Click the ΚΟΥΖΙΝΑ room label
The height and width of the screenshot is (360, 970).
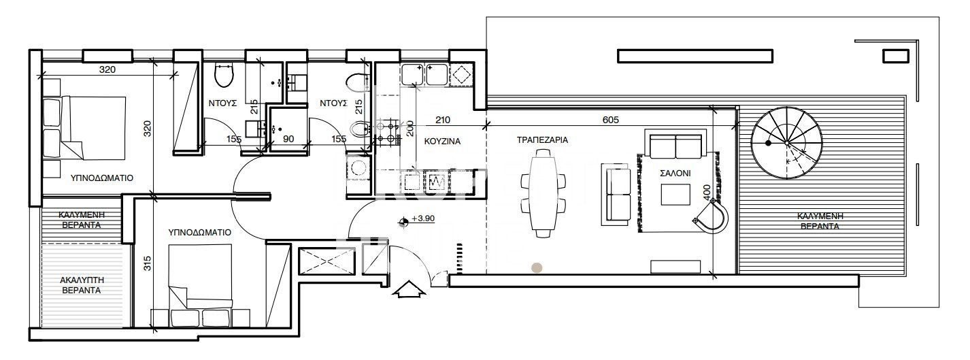pyautogui.click(x=442, y=142)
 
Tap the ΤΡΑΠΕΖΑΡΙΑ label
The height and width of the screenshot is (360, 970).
pyautogui.click(x=542, y=140)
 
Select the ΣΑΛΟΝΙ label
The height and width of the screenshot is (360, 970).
pyautogui.click(x=675, y=174)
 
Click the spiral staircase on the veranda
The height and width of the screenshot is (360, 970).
pyautogui.click(x=786, y=142)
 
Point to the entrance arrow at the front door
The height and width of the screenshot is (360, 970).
pyautogui.click(x=409, y=289)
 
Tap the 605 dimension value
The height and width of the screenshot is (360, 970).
pyautogui.click(x=611, y=120)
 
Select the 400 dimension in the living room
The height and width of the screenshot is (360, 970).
pyautogui.click(x=707, y=192)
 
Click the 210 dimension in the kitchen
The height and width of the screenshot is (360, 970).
pyautogui.click(x=443, y=120)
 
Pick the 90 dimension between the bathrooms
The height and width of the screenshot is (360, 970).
pyautogui.click(x=288, y=139)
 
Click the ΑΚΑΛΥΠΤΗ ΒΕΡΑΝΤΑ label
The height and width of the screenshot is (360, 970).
pyautogui.click(x=82, y=285)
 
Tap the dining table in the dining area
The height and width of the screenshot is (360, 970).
pyautogui.click(x=543, y=193)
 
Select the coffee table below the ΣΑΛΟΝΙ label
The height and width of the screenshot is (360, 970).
pyautogui.click(x=675, y=195)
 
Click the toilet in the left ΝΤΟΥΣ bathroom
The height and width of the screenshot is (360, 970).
pyautogui.click(x=224, y=76)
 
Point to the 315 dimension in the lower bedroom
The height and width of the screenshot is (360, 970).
pyautogui.click(x=147, y=263)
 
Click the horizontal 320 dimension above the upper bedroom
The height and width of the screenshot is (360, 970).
pyautogui.click(x=107, y=69)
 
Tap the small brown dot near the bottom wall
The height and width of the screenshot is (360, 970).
pyautogui.click(x=537, y=267)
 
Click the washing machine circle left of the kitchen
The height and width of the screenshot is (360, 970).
pyautogui.click(x=358, y=167)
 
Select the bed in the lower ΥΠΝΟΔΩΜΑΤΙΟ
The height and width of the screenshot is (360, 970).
pyautogui.click(x=200, y=286)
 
